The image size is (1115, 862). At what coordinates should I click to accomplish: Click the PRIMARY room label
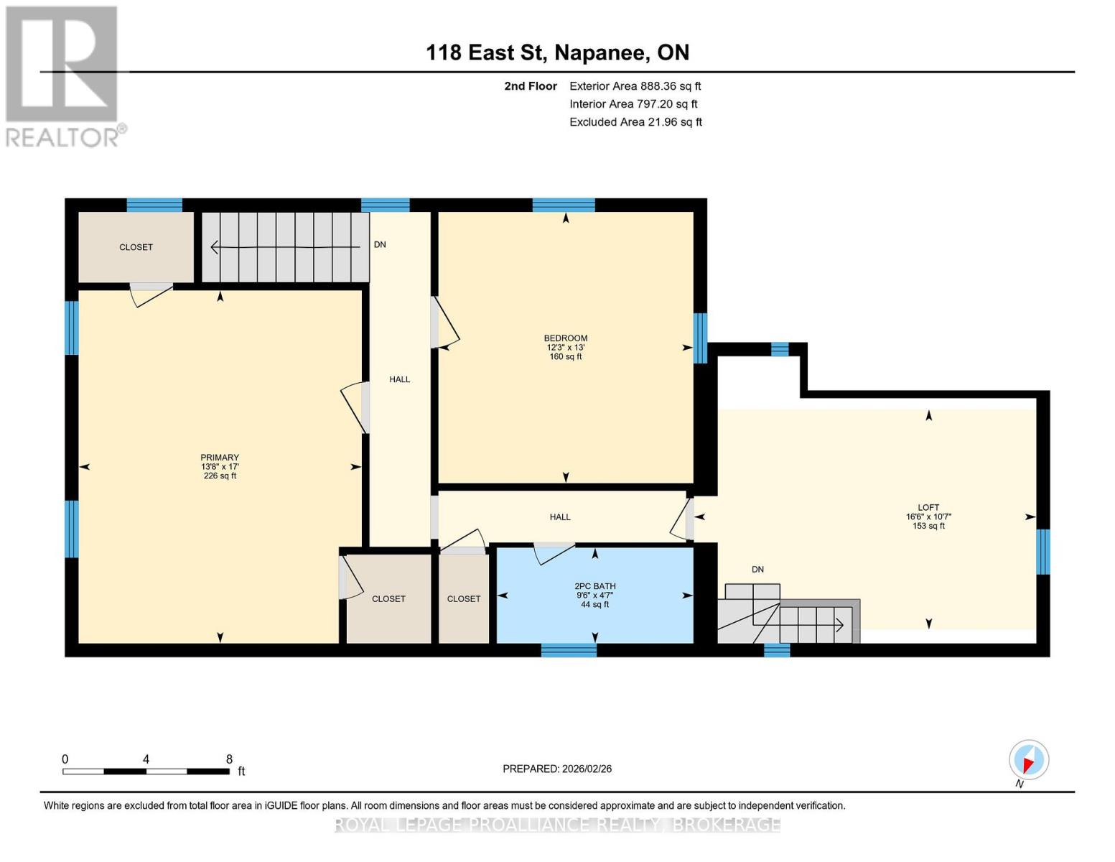coord(220,466)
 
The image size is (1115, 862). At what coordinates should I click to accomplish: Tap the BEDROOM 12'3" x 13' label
coord(565,347)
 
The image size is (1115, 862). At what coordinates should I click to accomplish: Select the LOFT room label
coord(928,516)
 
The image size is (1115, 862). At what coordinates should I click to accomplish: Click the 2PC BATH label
coord(594,595)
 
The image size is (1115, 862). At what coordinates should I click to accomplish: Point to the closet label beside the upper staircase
coord(136,247)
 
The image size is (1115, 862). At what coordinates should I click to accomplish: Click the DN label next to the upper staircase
coord(380,244)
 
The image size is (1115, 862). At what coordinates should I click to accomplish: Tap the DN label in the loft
coord(757,569)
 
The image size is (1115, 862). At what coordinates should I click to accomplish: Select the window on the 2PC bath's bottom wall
coord(569,649)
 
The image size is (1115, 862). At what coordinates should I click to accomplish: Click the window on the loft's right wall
coord(1042,552)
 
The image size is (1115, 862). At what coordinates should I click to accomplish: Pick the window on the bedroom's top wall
coord(564,205)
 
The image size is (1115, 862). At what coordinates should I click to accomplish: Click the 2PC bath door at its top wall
coord(554,552)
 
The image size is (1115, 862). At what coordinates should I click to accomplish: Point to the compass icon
coord(1028,760)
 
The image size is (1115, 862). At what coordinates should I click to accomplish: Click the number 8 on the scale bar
coord(229,759)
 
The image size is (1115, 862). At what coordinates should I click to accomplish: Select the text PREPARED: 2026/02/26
coord(556,769)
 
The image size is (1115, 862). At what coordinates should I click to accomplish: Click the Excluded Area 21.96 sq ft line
coord(635,122)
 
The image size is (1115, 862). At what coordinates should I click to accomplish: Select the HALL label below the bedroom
coord(560,516)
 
